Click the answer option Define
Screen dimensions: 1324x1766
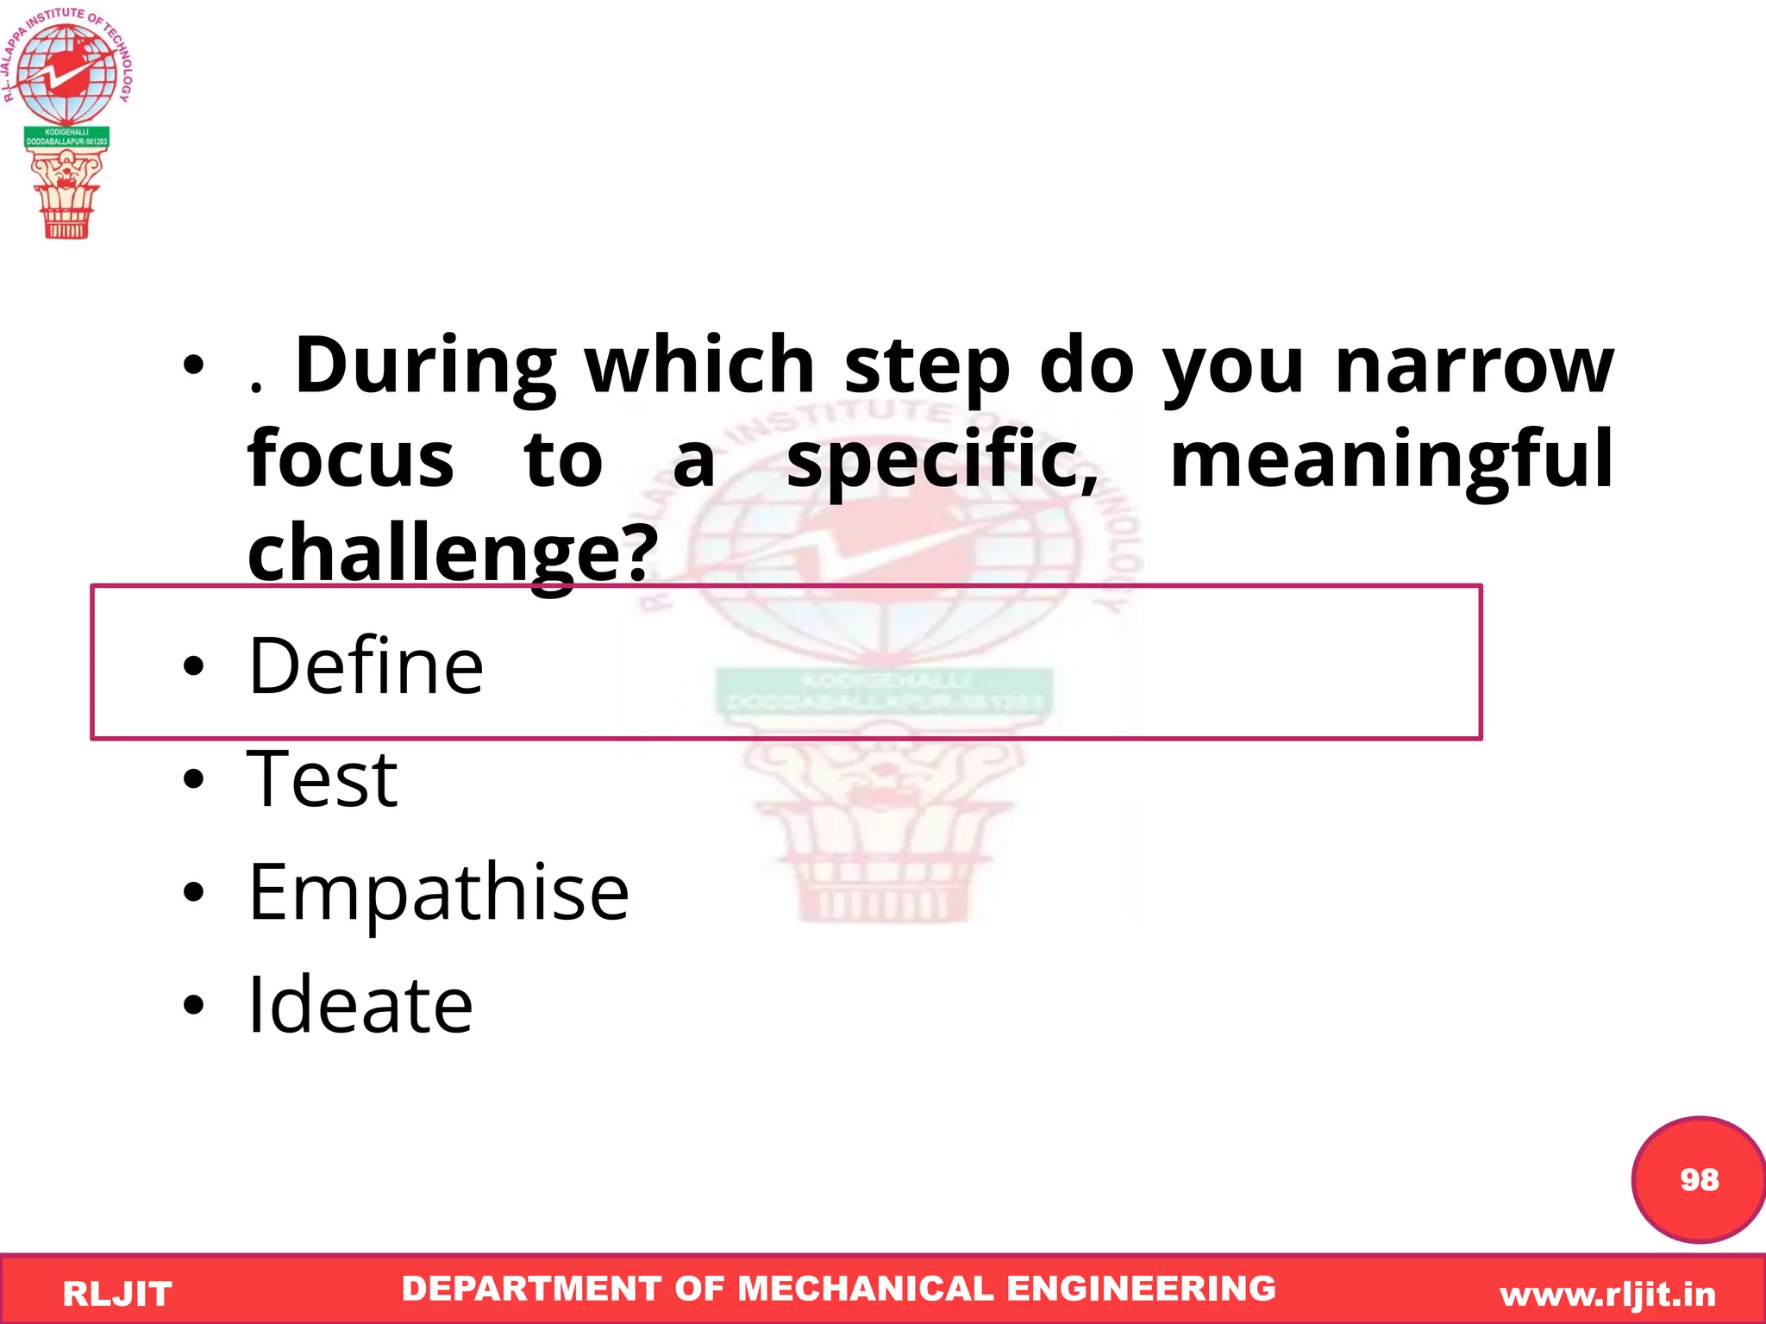click(x=366, y=665)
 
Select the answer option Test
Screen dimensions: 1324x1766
click(x=322, y=779)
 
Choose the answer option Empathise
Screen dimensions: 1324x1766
click(x=438, y=893)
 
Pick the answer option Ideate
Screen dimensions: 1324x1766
click(x=360, y=1005)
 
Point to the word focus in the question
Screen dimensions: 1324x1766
click(x=350, y=459)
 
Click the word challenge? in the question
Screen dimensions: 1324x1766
click(x=453, y=553)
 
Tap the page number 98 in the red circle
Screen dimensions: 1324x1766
click(x=1699, y=1179)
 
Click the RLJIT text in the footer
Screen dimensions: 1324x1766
click(x=117, y=1294)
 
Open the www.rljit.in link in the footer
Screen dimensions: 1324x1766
click(x=1607, y=1294)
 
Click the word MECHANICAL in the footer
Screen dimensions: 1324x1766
click(x=866, y=1289)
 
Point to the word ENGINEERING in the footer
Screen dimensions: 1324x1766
click(x=1141, y=1289)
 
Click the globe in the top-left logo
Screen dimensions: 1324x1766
click(x=66, y=73)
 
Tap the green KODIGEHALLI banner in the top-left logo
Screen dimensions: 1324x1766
click(x=66, y=137)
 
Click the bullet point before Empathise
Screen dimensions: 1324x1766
click(x=194, y=893)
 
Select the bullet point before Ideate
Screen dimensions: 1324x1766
click(x=194, y=1005)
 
